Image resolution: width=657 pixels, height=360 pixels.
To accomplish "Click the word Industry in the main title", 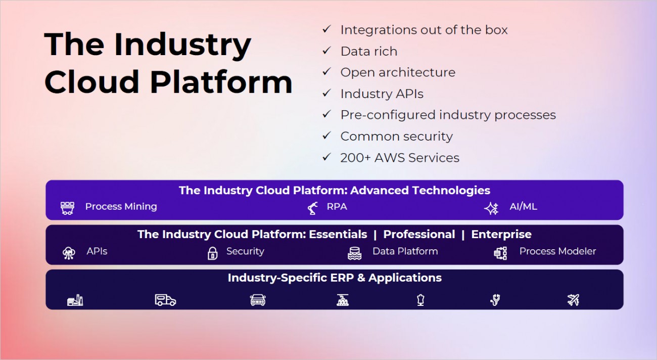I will (x=182, y=46).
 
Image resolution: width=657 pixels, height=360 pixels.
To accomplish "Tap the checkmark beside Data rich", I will (x=326, y=51).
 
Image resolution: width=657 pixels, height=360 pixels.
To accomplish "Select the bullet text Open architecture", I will (x=398, y=72).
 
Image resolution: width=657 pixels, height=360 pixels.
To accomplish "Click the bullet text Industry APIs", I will (x=382, y=94).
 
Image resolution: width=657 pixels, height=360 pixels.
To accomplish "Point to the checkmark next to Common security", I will (x=326, y=136).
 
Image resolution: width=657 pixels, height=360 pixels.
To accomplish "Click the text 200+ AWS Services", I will (x=400, y=158).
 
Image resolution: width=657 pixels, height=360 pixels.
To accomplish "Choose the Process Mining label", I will (x=121, y=206).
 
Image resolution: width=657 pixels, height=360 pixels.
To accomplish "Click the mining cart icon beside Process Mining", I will (x=67, y=207).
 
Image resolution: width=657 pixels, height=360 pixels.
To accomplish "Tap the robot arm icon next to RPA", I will (x=313, y=207).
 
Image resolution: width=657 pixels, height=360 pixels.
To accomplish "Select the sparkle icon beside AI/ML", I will (x=491, y=207).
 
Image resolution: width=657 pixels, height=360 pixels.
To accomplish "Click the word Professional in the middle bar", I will (x=419, y=235).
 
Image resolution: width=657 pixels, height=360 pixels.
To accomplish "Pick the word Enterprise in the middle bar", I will (x=501, y=235).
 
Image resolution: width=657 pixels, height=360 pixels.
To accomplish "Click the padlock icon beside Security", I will (x=213, y=253).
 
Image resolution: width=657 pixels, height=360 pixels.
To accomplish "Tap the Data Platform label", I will (x=405, y=251).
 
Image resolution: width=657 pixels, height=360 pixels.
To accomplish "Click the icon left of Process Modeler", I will (x=500, y=253).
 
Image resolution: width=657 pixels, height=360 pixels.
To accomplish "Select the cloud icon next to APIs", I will (x=68, y=253).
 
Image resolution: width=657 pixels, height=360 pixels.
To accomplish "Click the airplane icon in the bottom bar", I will (x=573, y=300).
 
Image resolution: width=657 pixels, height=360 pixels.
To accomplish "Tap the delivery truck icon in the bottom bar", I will (x=165, y=300).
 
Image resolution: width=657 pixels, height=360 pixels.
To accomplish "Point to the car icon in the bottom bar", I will (x=258, y=300).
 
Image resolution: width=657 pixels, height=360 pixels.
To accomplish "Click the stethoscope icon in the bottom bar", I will (x=496, y=300).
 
